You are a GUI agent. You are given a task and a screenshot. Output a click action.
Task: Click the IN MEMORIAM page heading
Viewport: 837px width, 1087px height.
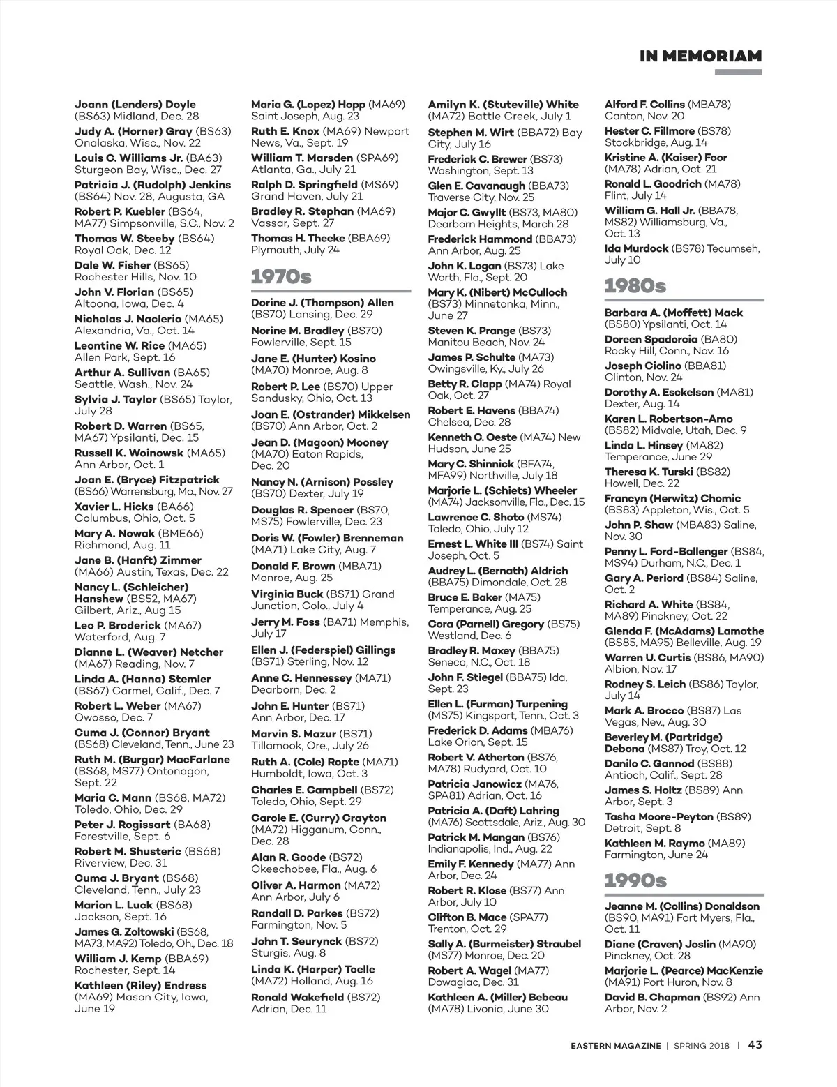[x=700, y=56]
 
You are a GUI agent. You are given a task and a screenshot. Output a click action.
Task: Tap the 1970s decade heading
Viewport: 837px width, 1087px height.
[x=281, y=277]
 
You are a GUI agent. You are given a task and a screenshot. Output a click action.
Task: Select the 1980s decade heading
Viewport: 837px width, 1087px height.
[x=635, y=286]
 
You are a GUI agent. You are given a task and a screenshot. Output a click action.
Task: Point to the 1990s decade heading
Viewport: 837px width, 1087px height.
[x=635, y=880]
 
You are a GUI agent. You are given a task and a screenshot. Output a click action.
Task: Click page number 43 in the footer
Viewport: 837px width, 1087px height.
[x=755, y=1045]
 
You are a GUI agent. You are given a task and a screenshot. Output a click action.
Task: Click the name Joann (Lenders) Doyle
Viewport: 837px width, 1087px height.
[x=135, y=105]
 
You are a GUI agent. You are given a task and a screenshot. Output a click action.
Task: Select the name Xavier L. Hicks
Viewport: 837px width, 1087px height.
[x=114, y=507]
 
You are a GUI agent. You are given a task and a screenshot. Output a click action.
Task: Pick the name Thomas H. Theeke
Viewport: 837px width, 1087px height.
[x=298, y=239]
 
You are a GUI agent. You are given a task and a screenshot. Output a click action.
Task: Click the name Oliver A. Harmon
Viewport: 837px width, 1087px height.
[x=296, y=885]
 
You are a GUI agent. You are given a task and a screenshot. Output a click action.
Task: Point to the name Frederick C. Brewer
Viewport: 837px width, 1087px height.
[x=477, y=159]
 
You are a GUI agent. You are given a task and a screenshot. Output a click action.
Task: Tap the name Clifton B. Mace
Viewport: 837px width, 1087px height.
[x=467, y=917]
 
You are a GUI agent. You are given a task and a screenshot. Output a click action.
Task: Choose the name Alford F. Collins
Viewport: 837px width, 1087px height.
[x=644, y=105]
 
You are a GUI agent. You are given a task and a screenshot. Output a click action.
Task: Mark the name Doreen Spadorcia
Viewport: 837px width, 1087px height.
[x=651, y=340]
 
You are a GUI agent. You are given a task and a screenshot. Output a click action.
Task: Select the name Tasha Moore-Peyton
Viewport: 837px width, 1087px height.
[x=658, y=817]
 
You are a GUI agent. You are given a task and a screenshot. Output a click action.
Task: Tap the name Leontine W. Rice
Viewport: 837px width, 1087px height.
[x=119, y=346]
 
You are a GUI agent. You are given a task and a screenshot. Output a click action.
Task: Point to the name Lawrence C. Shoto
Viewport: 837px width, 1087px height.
[x=476, y=518]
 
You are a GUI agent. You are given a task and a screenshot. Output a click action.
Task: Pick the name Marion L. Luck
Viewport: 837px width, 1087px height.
[x=113, y=905]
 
